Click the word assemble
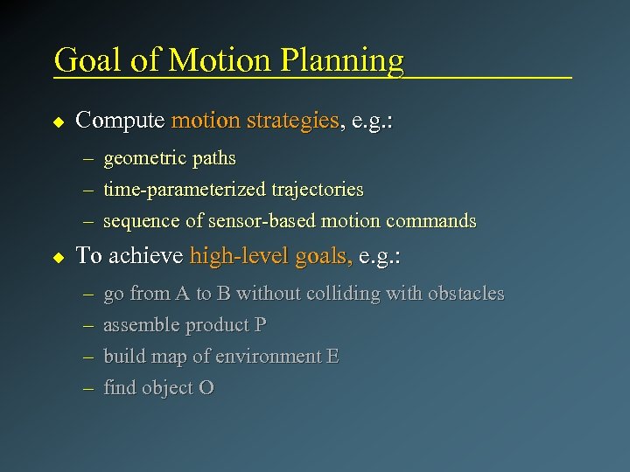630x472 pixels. point(139,325)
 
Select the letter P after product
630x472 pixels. point(260,325)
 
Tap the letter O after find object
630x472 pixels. point(206,388)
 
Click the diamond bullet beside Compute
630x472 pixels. point(59,121)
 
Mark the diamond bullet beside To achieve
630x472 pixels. point(59,257)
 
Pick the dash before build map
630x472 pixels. point(88,357)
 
